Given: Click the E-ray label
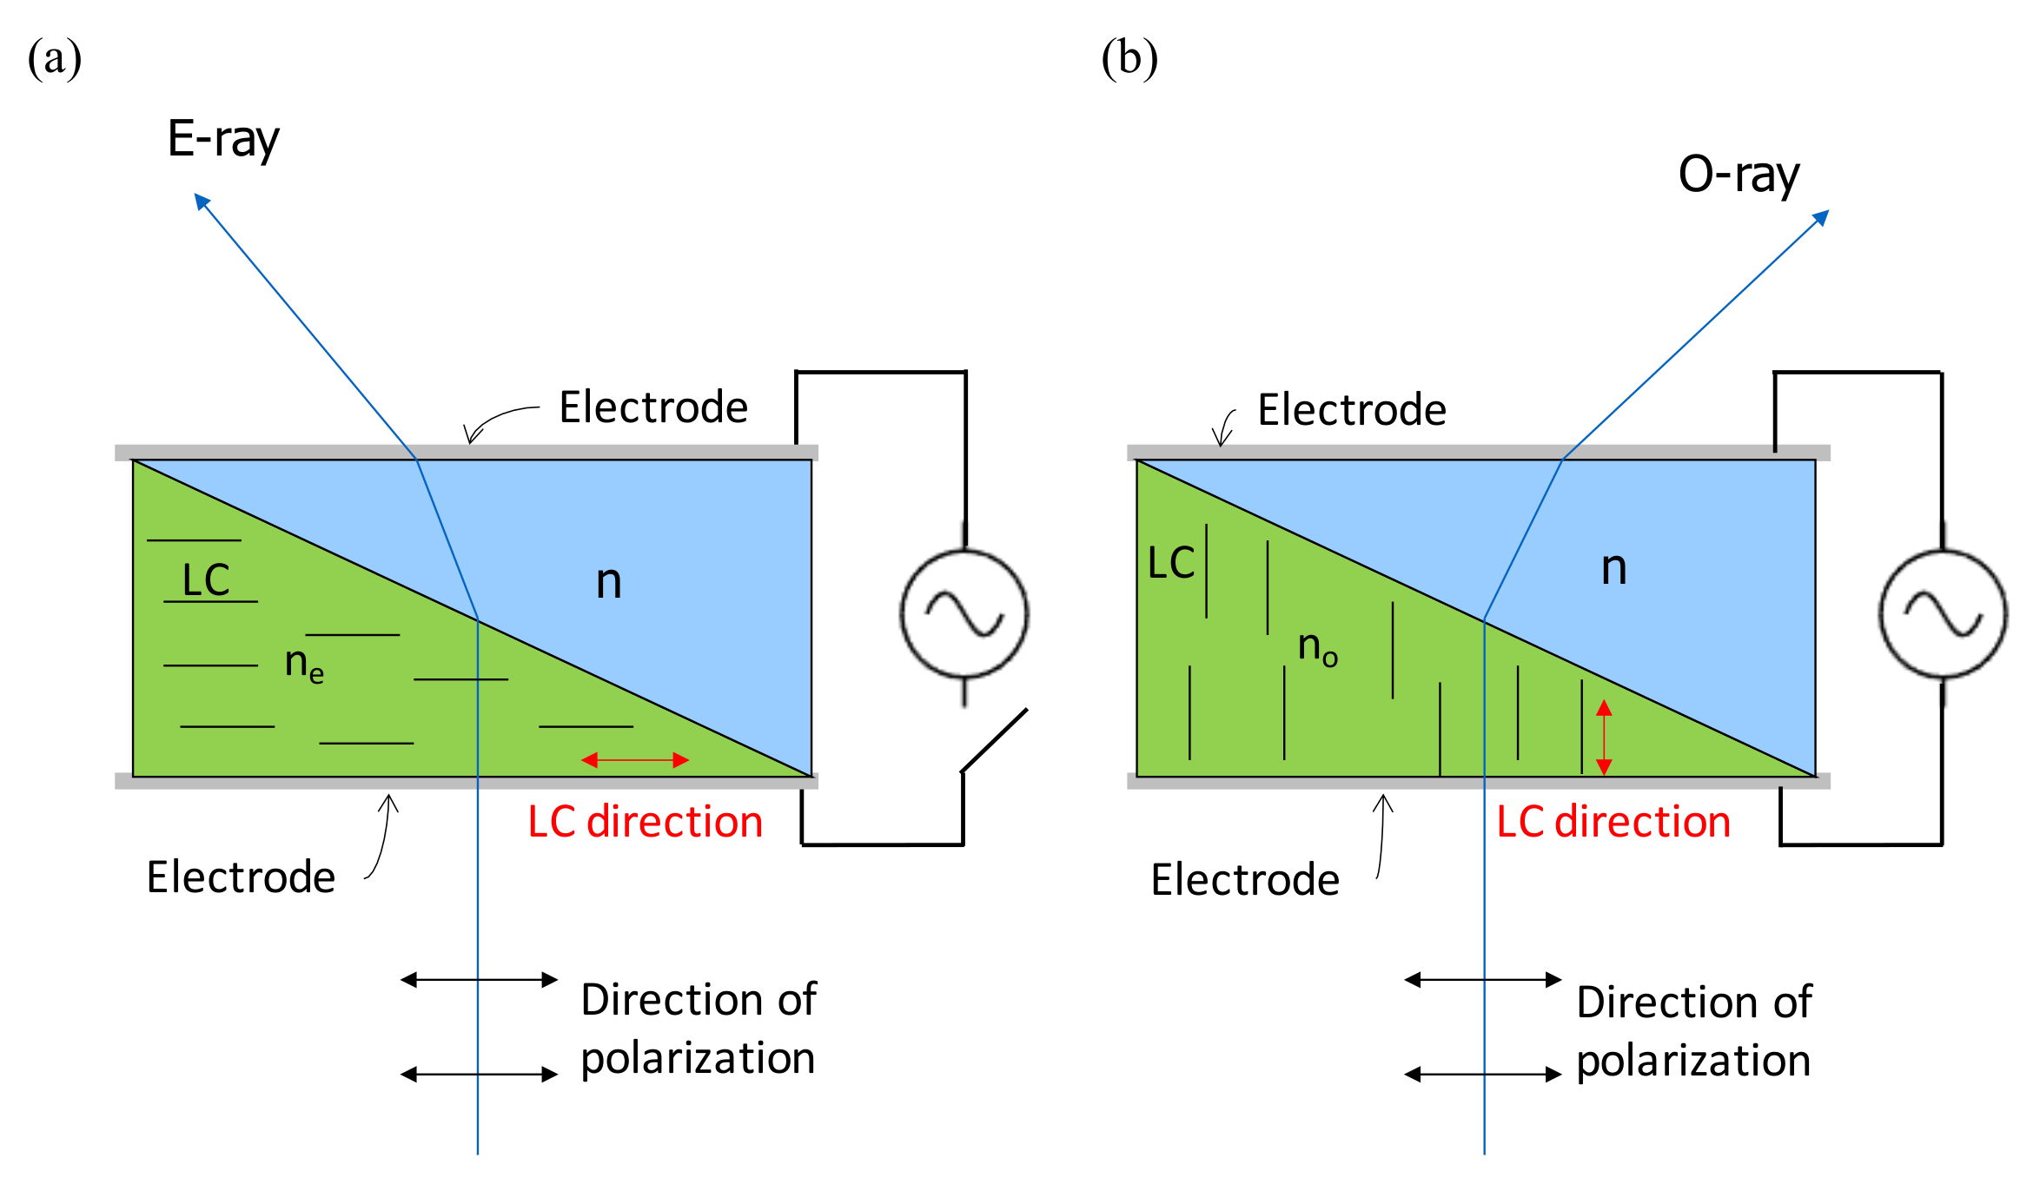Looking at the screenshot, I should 223,139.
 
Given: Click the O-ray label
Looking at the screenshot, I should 1739,175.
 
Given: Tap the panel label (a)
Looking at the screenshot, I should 55,59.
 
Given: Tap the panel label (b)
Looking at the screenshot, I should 1129,59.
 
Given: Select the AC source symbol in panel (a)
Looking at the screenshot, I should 964,613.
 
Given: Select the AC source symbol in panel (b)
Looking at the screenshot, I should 1943,613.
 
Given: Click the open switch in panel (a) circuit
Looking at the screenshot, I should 995,740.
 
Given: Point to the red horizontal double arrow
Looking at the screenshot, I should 635,760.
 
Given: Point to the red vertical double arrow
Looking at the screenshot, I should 1604,737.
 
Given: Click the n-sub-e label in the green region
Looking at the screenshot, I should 304,664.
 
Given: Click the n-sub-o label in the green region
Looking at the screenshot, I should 1317,647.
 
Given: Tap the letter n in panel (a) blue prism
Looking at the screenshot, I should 608,581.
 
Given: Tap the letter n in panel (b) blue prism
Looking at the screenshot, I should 1613,568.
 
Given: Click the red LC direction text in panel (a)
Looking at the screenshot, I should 645,822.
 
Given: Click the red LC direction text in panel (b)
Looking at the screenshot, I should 1613,822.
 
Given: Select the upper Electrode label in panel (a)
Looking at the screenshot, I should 652,407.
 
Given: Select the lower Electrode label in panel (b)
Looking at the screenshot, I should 1244,880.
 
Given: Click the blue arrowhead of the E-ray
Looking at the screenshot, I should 202,202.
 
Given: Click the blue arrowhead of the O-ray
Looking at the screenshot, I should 1821,217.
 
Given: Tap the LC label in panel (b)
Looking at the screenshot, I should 1170,563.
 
